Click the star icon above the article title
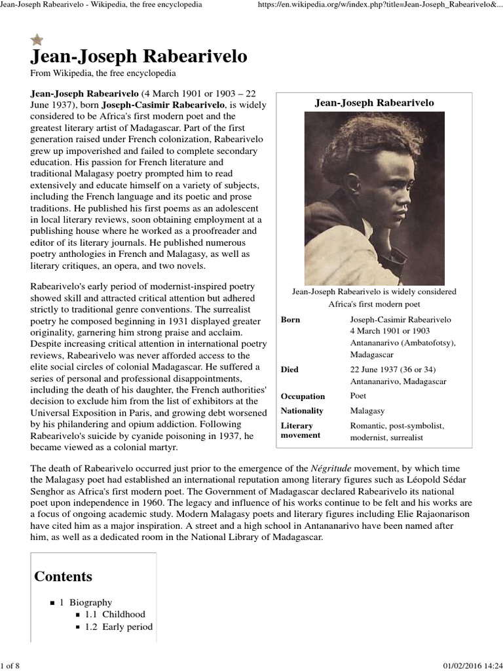click(x=37, y=41)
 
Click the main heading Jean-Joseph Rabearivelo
click(x=139, y=57)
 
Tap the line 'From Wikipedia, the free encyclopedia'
click(x=103, y=73)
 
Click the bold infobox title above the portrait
click(x=374, y=103)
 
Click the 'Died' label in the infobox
click(x=289, y=370)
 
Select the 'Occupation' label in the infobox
click(x=303, y=396)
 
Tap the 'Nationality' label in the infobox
click(x=302, y=411)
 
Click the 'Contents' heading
click(x=63, y=577)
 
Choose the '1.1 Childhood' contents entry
click(x=115, y=615)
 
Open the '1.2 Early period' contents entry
click(x=119, y=627)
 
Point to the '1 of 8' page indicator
click(x=10, y=666)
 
